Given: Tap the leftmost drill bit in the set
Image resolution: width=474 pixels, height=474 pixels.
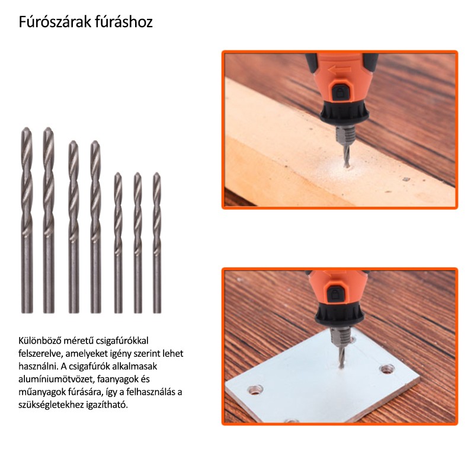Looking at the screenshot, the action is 27,220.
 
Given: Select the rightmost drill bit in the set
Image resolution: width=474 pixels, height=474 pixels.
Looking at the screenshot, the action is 156,243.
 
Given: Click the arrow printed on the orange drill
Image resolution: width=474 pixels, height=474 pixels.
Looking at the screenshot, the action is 339,70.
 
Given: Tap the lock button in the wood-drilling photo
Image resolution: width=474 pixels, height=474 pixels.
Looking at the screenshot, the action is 340,92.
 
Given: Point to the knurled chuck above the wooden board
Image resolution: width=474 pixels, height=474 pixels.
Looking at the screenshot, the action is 344,136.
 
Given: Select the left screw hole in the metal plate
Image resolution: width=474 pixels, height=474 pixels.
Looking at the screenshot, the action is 255,390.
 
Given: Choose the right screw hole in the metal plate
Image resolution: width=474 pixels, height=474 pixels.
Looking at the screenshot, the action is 387,369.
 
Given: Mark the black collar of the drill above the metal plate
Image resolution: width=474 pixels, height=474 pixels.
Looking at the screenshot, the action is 338,316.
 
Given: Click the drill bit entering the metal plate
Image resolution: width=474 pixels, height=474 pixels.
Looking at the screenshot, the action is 341,357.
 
